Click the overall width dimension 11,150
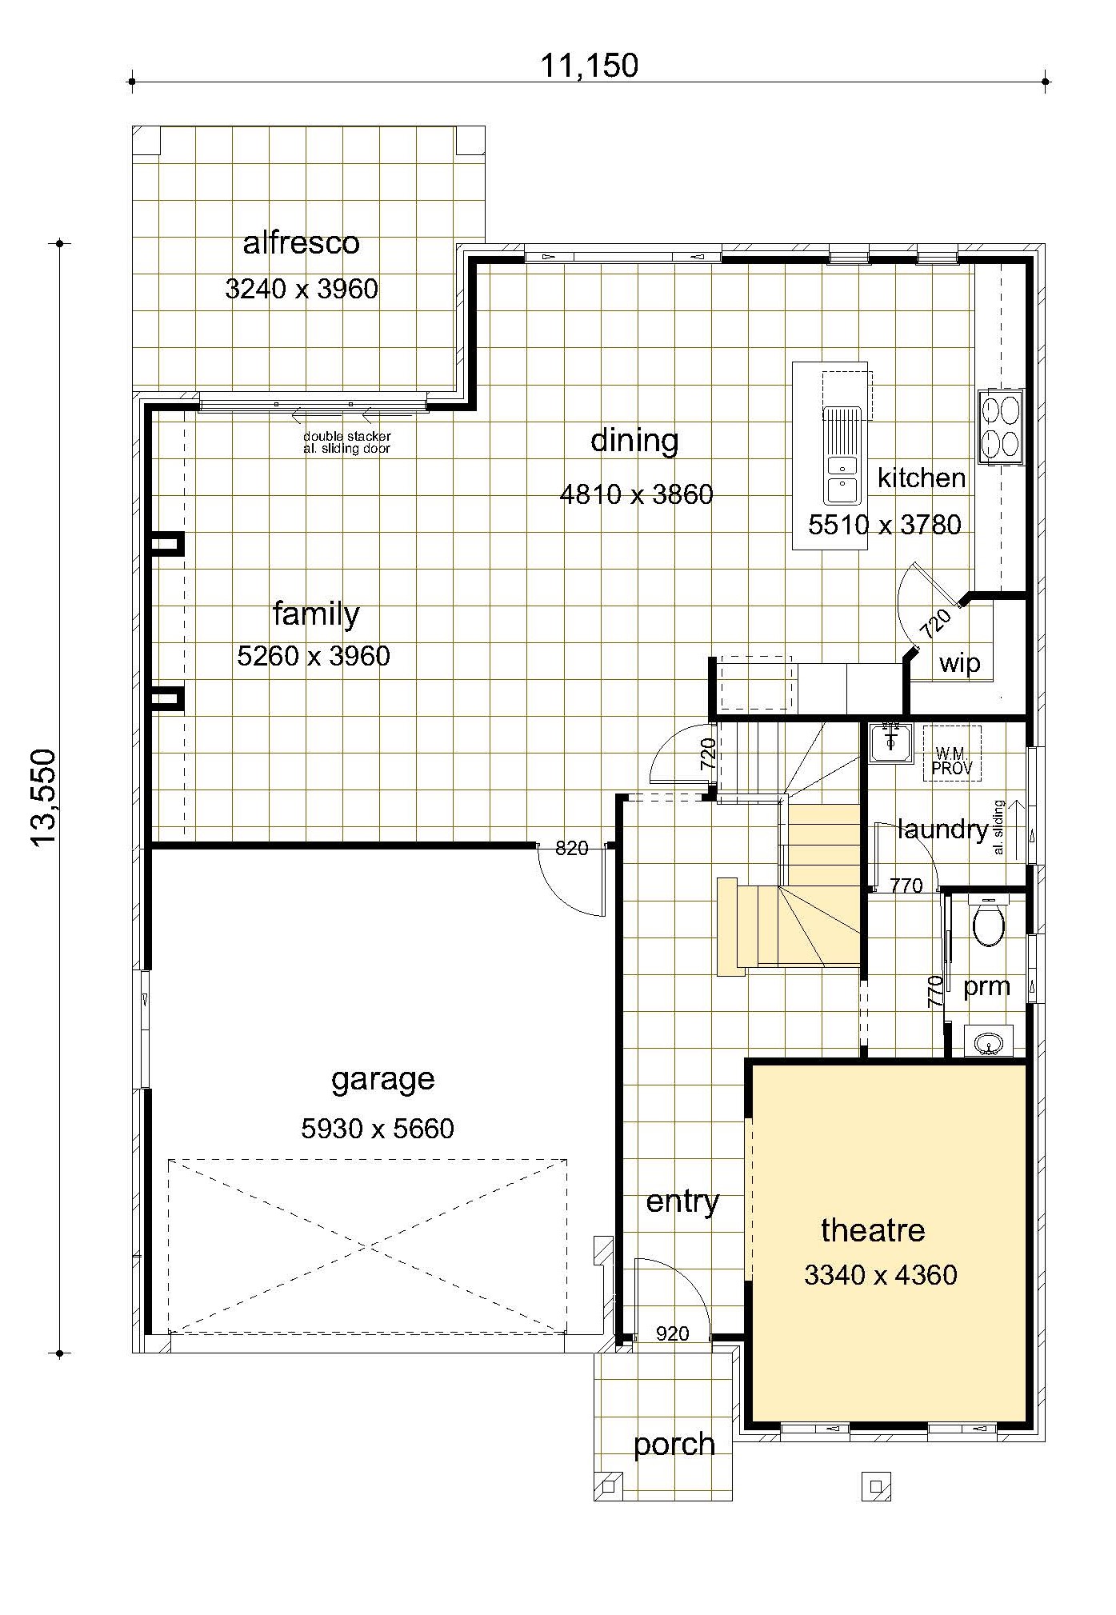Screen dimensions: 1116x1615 (x=590, y=66)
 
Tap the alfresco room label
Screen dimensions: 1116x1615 (x=302, y=242)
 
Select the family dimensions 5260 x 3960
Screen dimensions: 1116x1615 (x=314, y=656)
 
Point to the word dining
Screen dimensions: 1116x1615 (x=634, y=441)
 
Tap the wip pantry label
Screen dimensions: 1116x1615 (x=959, y=663)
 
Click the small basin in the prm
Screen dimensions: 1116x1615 (x=989, y=1041)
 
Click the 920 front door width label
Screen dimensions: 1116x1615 (x=672, y=1333)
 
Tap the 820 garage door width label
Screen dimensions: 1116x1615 (x=571, y=848)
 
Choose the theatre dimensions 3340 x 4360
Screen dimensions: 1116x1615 (x=881, y=1275)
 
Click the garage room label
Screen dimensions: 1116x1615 (x=383, y=1080)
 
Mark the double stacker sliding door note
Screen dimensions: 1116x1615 (x=347, y=442)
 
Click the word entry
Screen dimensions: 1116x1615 (x=682, y=1202)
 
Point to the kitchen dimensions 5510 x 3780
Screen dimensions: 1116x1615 (x=885, y=525)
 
